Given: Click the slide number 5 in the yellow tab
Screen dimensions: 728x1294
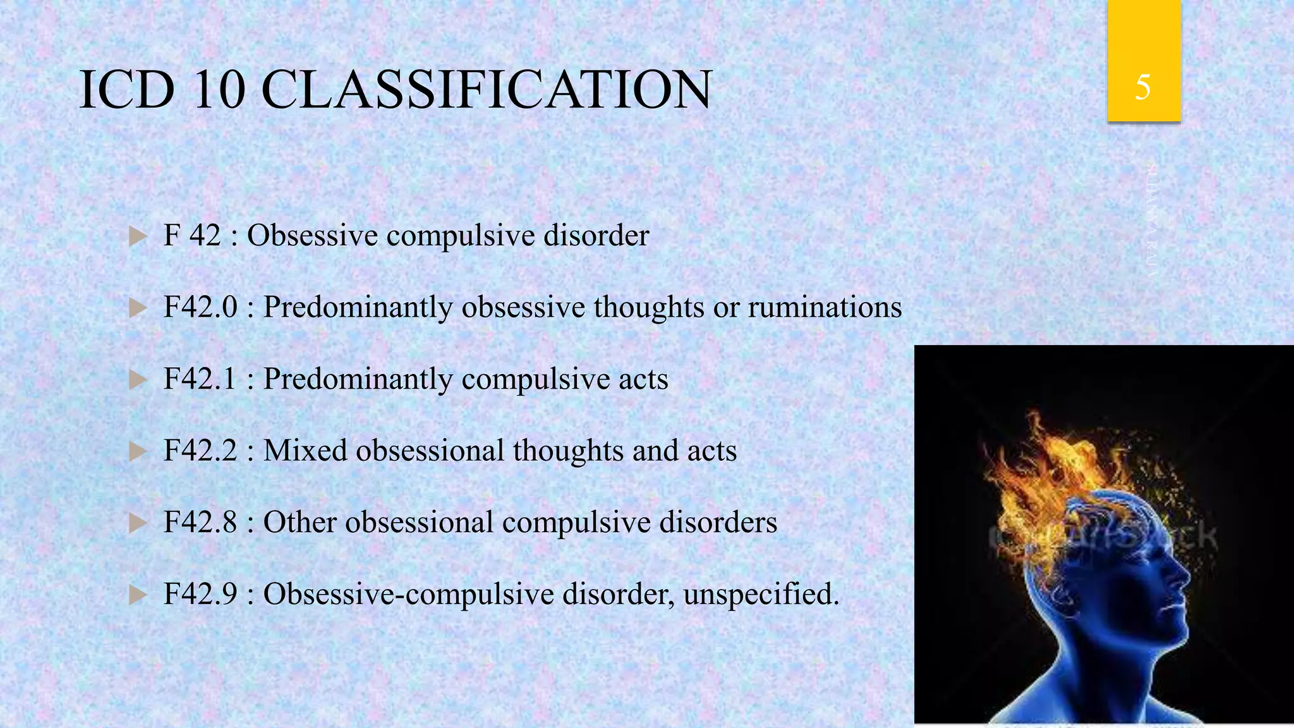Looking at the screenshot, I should click(1143, 87).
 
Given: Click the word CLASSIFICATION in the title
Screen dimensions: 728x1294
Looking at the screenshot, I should click(487, 90).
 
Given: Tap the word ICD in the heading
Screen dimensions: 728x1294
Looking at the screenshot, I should click(126, 90).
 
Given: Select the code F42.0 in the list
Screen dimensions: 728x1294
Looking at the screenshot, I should click(200, 307).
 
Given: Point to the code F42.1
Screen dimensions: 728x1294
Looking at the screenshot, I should click(200, 379).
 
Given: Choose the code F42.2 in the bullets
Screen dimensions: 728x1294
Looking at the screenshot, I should click(200, 451).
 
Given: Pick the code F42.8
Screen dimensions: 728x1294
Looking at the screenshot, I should click(200, 523).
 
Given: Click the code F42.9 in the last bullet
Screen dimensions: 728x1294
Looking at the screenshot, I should click(200, 594).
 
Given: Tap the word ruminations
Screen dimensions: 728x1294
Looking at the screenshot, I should click(825, 307).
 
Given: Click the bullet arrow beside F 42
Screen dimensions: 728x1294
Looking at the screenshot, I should click(137, 237).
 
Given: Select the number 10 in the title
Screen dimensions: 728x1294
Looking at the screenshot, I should click(219, 90).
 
